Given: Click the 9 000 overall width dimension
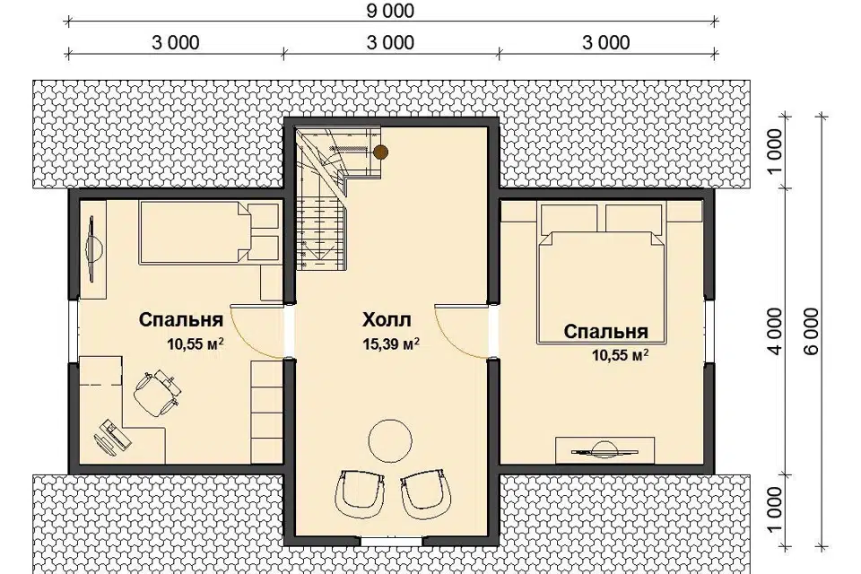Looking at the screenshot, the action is click(390, 11).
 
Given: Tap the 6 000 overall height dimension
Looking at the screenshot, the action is click(813, 331).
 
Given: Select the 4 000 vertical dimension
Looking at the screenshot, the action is click(774, 331).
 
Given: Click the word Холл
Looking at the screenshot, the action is click(387, 319).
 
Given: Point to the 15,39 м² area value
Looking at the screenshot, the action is click(391, 344).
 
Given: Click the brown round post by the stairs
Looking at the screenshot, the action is click(380, 152).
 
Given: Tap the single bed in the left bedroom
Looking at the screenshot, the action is click(209, 232).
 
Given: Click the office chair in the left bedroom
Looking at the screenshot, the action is click(157, 392).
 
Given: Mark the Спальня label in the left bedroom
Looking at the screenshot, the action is click(180, 319).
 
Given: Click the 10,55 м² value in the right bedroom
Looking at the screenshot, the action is click(620, 355).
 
